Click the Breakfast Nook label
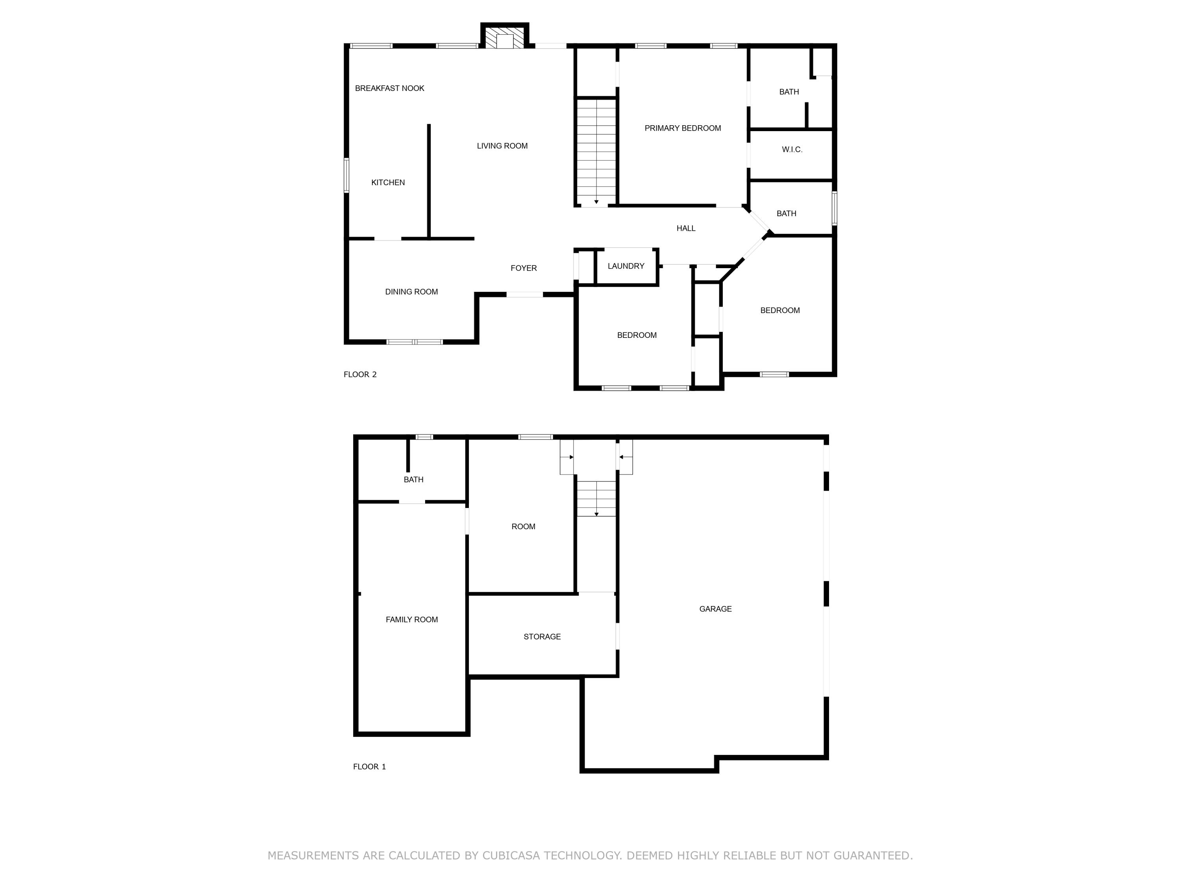tap(389, 88)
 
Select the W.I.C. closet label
tap(792, 150)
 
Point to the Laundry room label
tap(626, 266)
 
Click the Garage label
tap(715, 609)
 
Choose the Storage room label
tap(542, 637)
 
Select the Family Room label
tap(412, 619)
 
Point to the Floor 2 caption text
tap(360, 374)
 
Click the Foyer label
tap(523, 268)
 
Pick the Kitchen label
tap(388, 183)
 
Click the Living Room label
tap(502, 146)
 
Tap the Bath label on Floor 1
tap(413, 480)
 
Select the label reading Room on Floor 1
tap(523, 526)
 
